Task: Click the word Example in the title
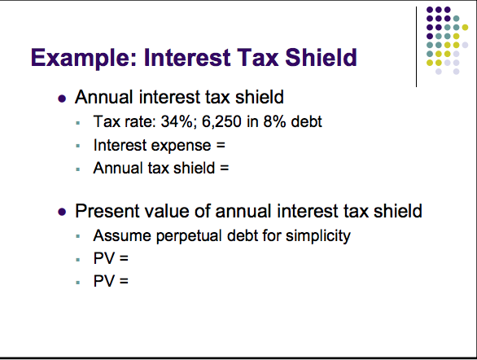click(81, 59)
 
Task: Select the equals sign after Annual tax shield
click(225, 169)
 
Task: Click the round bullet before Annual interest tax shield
click(63, 99)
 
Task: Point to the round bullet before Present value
click(63, 213)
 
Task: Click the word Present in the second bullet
click(107, 212)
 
